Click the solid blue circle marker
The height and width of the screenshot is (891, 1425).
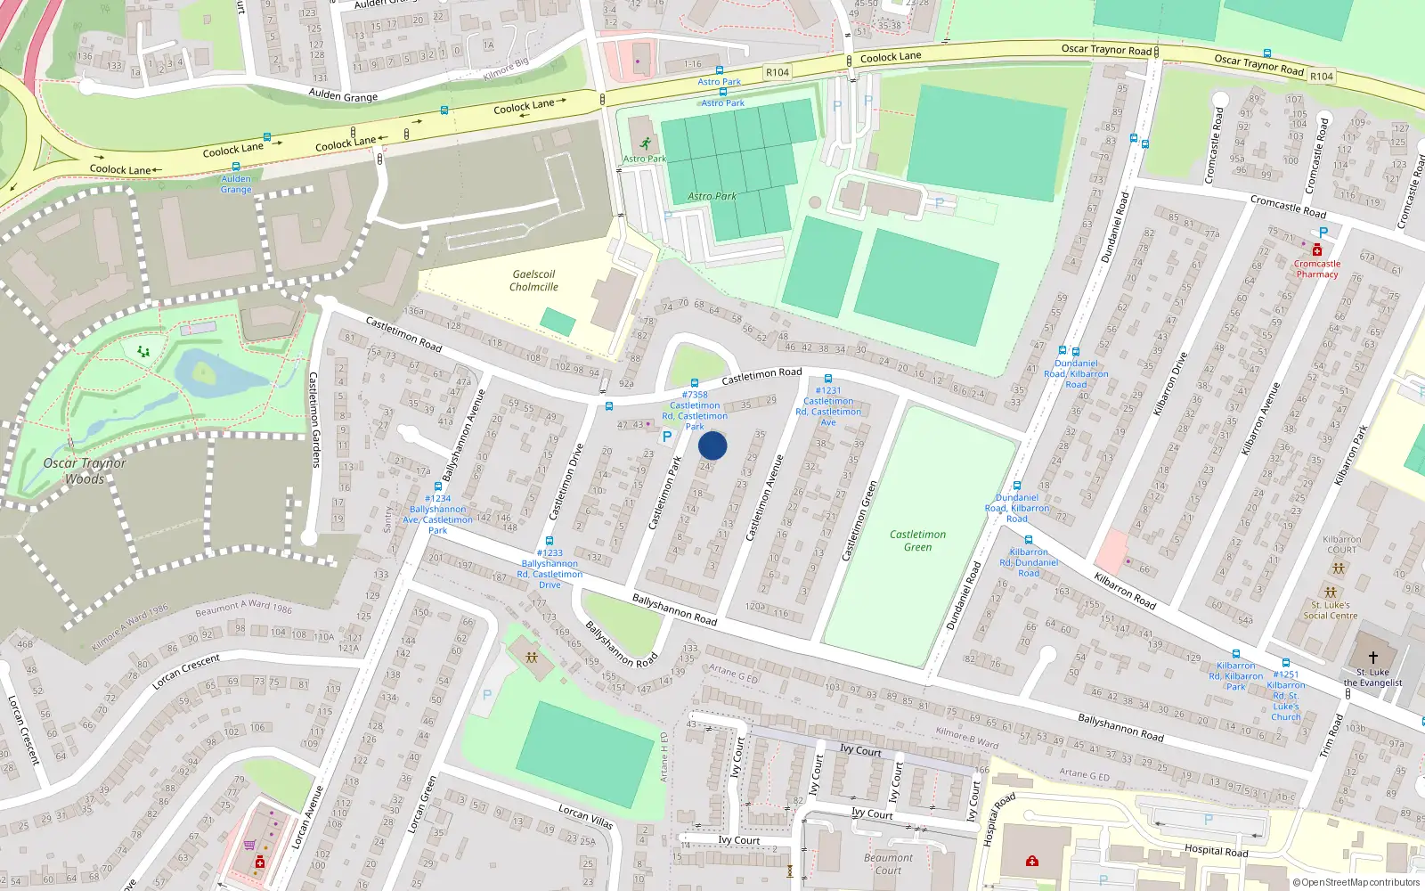click(712, 445)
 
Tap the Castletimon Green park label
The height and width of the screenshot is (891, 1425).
click(917, 541)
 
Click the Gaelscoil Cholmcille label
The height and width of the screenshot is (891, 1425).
click(533, 281)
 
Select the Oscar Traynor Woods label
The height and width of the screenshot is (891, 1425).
click(85, 471)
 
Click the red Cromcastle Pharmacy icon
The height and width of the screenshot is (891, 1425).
click(1317, 250)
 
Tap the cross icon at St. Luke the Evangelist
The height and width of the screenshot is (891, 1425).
click(1372, 658)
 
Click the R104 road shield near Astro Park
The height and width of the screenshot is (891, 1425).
click(778, 72)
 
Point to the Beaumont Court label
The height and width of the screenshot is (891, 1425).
click(888, 864)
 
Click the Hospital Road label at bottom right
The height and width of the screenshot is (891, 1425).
click(1216, 850)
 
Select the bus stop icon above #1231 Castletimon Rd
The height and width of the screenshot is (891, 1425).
click(828, 379)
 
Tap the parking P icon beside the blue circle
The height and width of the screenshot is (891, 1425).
click(666, 437)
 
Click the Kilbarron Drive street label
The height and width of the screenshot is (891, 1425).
click(1170, 384)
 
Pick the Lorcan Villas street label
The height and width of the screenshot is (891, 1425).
click(585, 815)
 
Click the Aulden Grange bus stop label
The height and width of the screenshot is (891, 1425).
click(236, 184)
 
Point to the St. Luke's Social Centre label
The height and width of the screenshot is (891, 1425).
click(1331, 610)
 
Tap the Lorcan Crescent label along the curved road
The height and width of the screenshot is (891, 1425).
click(185, 672)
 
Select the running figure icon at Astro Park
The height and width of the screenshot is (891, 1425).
click(645, 144)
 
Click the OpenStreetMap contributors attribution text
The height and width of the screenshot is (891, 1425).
click(1356, 882)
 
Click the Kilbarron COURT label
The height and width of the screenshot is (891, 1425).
click(1342, 544)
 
